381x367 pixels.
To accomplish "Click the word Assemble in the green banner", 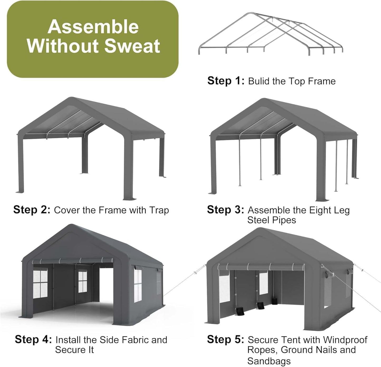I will (x=93, y=27).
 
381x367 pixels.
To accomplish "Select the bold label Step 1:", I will (x=226, y=81).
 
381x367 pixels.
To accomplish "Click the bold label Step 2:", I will (x=32, y=210).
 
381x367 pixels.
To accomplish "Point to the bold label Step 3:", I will (x=225, y=210).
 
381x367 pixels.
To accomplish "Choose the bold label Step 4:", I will (x=33, y=340).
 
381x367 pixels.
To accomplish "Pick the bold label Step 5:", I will (x=225, y=340).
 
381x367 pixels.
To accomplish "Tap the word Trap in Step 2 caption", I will (x=159, y=210).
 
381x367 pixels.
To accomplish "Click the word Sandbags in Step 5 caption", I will (x=269, y=361).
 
